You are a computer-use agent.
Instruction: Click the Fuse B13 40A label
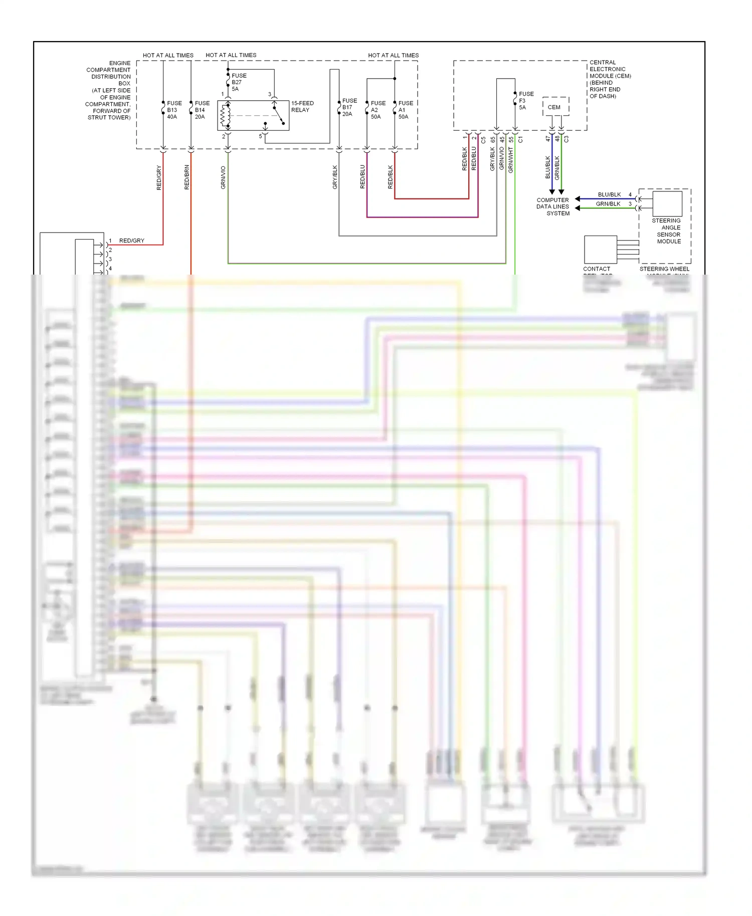pos(174,110)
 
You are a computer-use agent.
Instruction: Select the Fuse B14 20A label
pos(202,110)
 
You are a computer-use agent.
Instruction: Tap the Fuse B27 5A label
pos(238,82)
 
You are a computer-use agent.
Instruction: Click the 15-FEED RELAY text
pos(302,106)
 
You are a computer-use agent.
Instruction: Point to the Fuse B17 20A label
pos(349,107)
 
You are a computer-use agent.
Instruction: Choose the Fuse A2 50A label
pos(378,110)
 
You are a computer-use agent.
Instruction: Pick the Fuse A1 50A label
pos(405,110)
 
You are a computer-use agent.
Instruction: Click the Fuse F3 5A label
pos(525,101)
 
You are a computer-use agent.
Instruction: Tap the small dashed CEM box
pos(555,107)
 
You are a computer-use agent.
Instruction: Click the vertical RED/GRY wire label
pos(159,177)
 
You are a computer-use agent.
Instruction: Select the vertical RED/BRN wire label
pos(186,177)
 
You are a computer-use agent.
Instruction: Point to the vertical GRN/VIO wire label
pos(223,177)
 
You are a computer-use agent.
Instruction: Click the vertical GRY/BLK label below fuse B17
pos(335,177)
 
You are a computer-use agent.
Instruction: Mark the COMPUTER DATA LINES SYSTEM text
pos(553,206)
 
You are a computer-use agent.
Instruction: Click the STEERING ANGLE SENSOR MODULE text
pos(667,231)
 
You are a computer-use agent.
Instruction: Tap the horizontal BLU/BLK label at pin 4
pos(609,194)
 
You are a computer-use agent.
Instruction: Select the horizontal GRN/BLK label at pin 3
pos(608,204)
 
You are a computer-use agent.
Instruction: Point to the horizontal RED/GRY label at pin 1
pos(131,241)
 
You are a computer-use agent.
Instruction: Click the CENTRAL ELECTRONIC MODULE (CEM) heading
pos(609,79)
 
